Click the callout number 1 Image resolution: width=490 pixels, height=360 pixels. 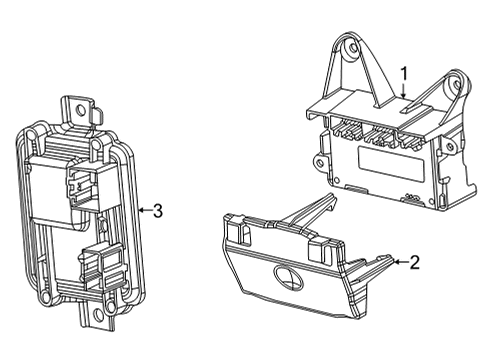coord(404,72)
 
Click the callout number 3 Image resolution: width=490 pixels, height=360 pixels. coord(157,209)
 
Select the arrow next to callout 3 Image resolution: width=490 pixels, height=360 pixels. coord(143,209)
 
